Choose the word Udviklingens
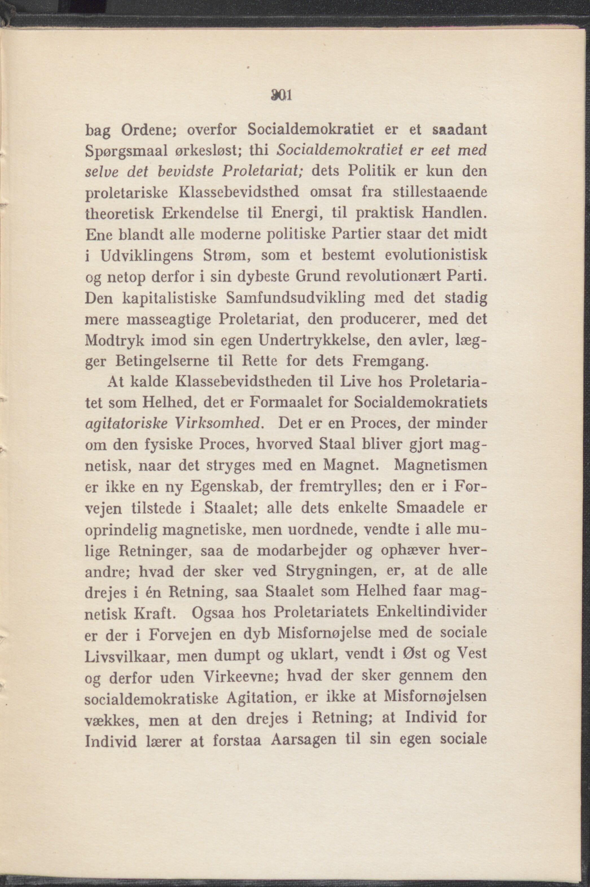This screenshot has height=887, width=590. pos(147,256)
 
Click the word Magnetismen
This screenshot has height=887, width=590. pos(440,466)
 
